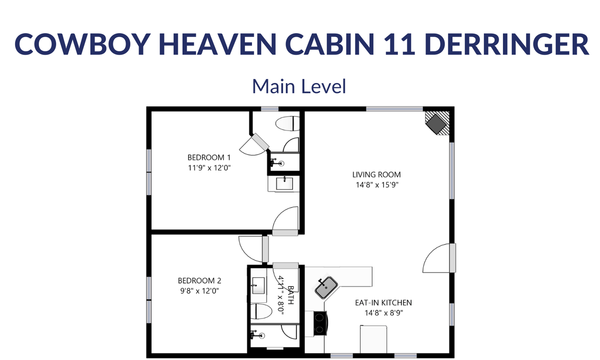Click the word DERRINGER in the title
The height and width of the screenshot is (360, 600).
pos(506,44)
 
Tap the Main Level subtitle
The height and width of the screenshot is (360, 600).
pos(299,86)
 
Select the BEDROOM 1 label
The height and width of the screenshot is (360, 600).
pos(209,157)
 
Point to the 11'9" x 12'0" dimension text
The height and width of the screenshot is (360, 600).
pos(209,167)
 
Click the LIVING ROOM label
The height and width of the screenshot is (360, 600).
pos(376,174)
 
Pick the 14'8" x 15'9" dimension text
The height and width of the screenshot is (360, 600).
pos(377,185)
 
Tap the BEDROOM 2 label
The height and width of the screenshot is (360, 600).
pos(199,280)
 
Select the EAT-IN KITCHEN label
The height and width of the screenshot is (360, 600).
pos(383,302)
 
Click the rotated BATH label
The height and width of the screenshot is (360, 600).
pos(290,295)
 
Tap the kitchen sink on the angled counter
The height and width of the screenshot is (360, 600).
pos(326,287)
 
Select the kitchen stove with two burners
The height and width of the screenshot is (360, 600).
pos(320,323)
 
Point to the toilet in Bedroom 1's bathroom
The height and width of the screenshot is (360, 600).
pos(287,123)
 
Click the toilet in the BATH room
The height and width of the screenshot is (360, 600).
pos(261,311)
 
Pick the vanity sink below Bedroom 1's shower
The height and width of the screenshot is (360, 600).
pos(284,184)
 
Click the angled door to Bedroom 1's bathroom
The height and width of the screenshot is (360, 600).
pos(254,144)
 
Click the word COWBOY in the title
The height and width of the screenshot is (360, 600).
pos(82,44)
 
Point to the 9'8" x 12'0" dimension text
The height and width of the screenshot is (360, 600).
pos(199,291)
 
